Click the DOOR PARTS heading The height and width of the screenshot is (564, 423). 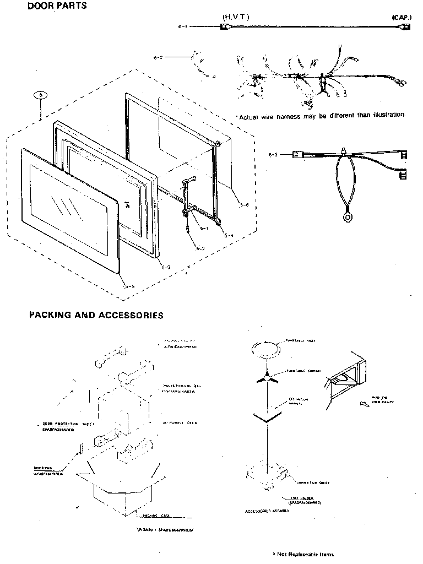tap(57, 7)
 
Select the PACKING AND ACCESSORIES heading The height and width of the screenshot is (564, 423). tap(96, 316)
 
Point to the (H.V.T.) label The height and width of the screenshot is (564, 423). tap(236, 17)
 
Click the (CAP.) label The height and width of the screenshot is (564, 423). tap(402, 18)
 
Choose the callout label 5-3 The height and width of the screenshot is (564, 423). tap(166, 267)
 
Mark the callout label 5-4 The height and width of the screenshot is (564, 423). tap(229, 235)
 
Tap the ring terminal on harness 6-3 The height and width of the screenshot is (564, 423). tap(348, 218)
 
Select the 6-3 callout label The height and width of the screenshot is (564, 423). tap(274, 155)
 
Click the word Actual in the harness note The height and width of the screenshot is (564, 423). tap(248, 116)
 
